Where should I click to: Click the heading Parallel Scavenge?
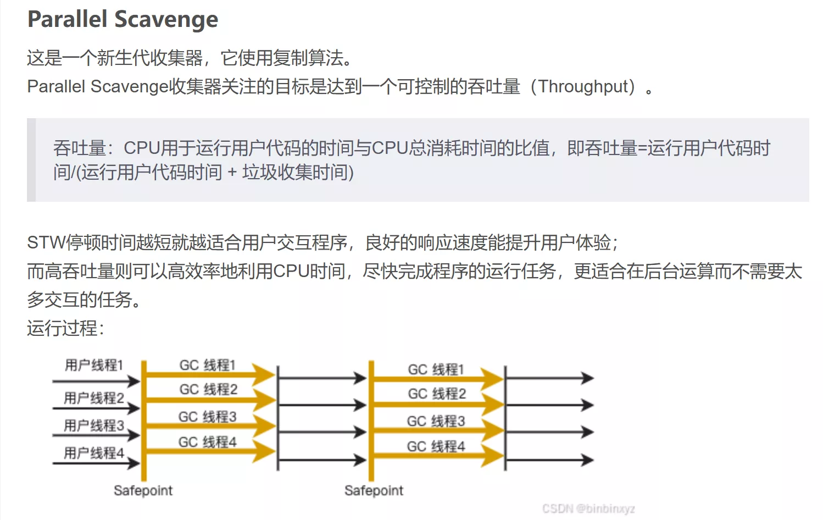pos(123,19)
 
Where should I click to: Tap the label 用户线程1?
pos(93,365)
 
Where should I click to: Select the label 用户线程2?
pos(93,397)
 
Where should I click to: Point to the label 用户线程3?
pos(93,425)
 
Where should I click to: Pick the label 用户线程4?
pos(93,452)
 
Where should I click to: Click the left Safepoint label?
pos(143,490)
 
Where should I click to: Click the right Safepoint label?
pos(374,490)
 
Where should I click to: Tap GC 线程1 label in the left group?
pos(207,365)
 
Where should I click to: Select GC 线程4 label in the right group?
pos(436,446)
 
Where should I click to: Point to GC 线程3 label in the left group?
pos(207,417)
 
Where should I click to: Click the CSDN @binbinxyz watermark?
pos(588,508)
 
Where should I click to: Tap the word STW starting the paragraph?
pos(46,242)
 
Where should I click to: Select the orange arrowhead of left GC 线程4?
pos(265,452)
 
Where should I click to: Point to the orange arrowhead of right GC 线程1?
pos(493,378)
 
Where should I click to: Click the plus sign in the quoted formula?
pos(232,173)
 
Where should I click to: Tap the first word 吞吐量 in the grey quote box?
pos(79,148)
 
